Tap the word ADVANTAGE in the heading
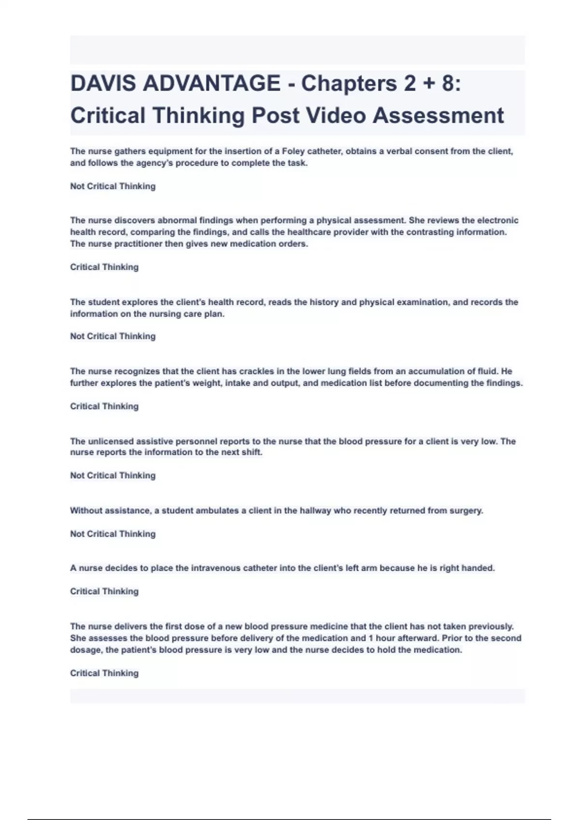coord(211,83)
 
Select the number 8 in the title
coord(447,83)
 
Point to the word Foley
coord(293,151)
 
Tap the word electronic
coord(497,220)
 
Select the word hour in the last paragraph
coord(386,638)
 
